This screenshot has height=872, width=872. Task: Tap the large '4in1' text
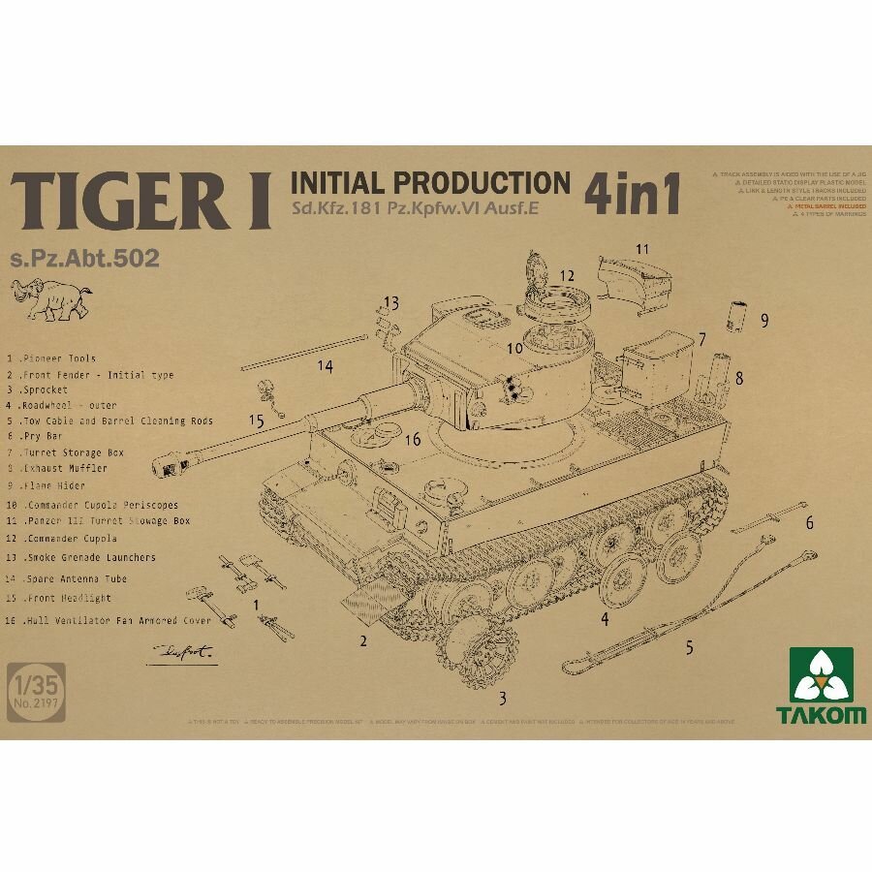pos(631,194)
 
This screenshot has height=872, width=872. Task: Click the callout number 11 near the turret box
pos(642,249)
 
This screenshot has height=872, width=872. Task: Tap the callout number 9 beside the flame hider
pos(764,319)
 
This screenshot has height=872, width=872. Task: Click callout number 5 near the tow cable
pos(689,648)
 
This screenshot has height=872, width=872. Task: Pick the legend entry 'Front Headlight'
pos(58,598)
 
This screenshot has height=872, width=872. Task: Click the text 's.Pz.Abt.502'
pos(82,259)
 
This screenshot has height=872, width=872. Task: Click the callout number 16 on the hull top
pos(413,440)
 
